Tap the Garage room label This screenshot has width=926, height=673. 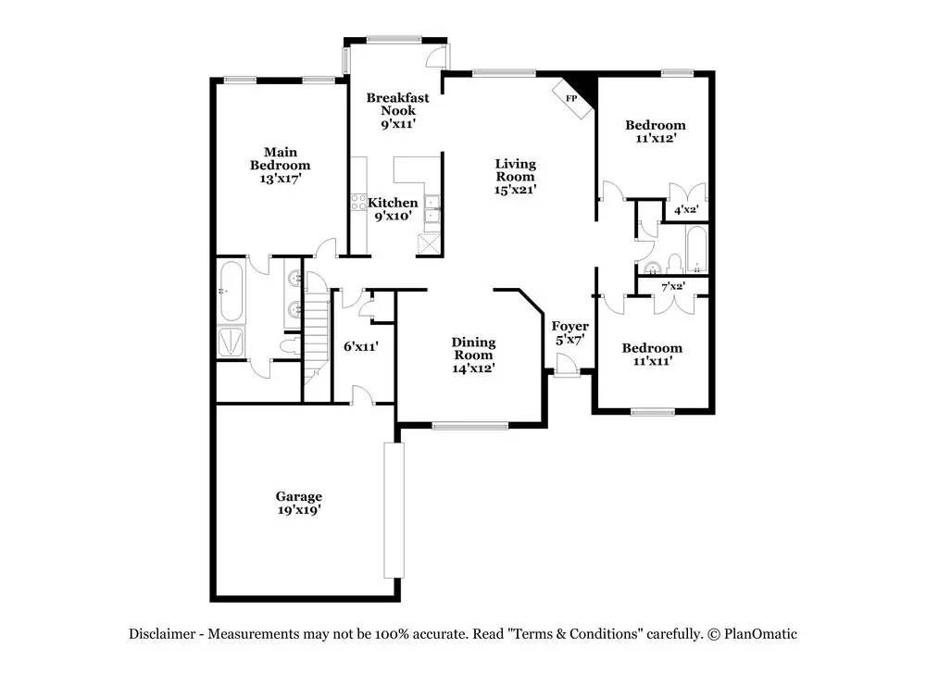pos(298,503)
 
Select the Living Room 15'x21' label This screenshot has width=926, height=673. pos(516,176)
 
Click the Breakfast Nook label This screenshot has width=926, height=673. pos(397,110)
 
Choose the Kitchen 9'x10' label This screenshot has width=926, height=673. pos(394,209)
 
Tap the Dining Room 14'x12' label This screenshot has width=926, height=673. pos(473,355)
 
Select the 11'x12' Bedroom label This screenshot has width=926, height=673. pos(655,131)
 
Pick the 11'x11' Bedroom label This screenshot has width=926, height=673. pos(652,355)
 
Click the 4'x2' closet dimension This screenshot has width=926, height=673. pos(685,211)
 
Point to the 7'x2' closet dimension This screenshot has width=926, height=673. pos(671,286)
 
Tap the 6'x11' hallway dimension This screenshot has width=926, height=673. pos(360,347)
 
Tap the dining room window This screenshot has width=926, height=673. pos(469,426)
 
